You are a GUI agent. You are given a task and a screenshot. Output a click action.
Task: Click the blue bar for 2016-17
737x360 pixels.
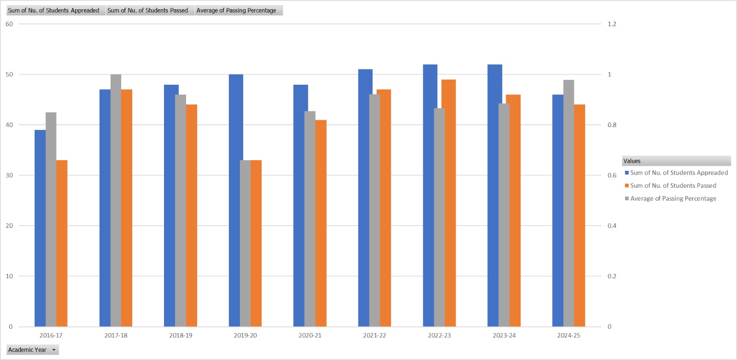point(40,228)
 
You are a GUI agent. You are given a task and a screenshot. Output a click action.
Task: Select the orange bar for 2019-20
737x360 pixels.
point(256,243)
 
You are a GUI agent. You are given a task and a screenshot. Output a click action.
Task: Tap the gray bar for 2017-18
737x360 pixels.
point(116,200)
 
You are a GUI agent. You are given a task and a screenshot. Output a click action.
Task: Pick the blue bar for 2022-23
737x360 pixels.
point(430,195)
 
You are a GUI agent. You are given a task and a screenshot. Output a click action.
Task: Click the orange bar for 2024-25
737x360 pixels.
point(579,215)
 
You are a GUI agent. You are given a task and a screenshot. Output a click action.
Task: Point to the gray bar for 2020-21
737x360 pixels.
point(310,219)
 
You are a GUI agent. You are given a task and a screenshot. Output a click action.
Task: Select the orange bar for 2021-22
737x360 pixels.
point(385,208)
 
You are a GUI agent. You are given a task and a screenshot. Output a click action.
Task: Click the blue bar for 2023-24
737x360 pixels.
point(495,195)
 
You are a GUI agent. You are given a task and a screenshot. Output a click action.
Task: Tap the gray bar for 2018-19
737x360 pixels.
point(180,210)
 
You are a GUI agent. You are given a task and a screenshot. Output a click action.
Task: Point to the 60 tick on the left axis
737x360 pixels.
point(9,24)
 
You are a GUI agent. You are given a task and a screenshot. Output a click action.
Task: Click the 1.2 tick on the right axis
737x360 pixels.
point(612,24)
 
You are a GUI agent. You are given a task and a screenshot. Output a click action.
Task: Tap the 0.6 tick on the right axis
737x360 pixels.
point(612,175)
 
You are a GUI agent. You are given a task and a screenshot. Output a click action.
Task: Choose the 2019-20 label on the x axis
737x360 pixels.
point(245,335)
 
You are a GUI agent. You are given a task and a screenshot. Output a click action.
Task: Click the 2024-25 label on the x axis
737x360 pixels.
point(568,335)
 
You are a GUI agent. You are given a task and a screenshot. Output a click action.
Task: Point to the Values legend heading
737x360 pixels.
point(632,161)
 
